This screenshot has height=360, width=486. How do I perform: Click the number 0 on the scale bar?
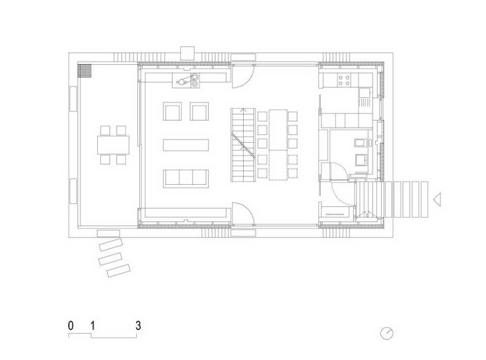71,326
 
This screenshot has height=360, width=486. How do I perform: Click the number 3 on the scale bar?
138,326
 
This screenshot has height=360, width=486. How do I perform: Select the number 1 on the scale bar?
93,326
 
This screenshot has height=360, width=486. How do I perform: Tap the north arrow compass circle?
386,333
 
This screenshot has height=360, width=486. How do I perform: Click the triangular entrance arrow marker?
437,199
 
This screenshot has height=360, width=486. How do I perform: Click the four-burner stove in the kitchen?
344,80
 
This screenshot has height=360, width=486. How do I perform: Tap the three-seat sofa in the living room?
186,178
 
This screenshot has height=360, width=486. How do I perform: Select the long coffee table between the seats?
186,145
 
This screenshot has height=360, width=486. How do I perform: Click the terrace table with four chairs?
113,145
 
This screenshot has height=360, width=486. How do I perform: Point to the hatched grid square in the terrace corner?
84,71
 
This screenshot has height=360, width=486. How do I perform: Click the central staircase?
243,145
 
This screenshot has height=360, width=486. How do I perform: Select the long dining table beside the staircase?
278,145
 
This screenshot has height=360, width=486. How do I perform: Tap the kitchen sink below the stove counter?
365,93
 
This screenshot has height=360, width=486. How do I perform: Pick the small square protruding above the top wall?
187,53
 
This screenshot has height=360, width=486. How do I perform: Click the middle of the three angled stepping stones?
110,259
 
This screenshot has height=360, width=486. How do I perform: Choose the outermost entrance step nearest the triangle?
424,199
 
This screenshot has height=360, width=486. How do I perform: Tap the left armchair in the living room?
172,111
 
